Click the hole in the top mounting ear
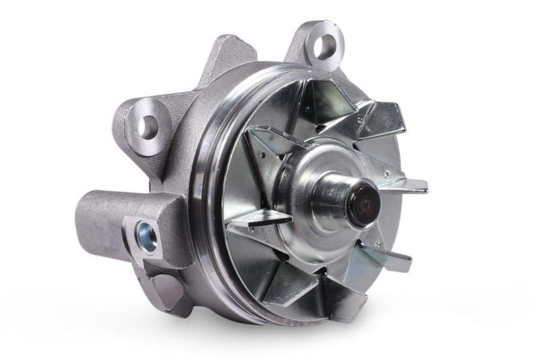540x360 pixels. (x=325, y=46)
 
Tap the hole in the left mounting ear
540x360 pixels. (x=148, y=126)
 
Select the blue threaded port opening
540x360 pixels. (x=146, y=237)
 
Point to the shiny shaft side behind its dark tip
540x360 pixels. (x=337, y=196)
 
